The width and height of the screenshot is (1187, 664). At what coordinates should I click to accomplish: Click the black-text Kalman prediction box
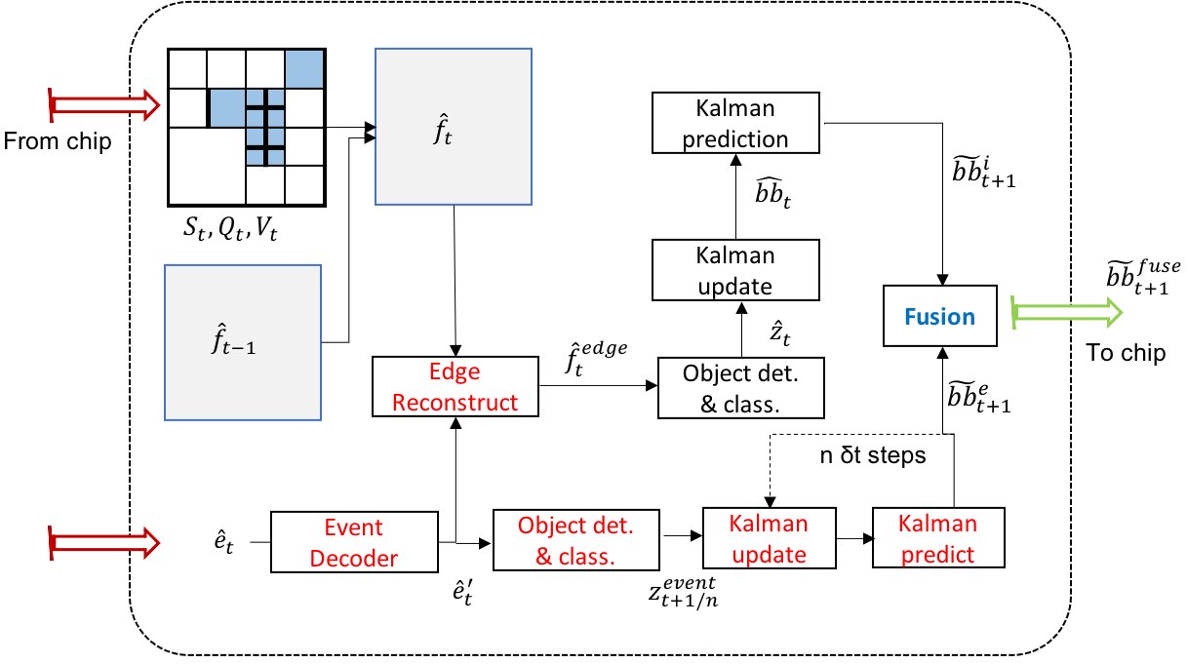(734, 123)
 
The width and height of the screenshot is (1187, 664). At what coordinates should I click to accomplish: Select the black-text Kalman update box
(734, 270)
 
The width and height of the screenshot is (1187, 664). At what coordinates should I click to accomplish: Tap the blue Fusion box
(939, 316)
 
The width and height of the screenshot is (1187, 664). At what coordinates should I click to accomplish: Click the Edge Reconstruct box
(455, 386)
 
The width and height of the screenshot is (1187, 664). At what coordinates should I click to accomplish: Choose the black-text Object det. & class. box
(740, 388)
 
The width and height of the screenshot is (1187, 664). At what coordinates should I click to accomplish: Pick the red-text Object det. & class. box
(575, 541)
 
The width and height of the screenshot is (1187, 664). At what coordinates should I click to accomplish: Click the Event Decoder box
(353, 542)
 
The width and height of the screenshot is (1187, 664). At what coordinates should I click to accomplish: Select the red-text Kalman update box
(769, 538)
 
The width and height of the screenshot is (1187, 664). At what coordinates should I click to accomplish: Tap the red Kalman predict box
(937, 537)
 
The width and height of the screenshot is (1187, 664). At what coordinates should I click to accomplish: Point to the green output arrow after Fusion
(1068, 312)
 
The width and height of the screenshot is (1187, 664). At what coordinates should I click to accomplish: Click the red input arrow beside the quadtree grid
(104, 104)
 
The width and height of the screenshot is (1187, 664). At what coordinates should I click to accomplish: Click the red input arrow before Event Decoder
(104, 542)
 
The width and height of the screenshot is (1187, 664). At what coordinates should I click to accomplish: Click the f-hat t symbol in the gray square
(443, 131)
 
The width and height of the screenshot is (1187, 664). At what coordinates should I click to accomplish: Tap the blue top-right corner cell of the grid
(303, 69)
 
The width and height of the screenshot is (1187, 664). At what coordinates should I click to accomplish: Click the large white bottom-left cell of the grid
(207, 166)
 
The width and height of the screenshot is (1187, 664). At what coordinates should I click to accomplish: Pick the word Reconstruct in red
(455, 402)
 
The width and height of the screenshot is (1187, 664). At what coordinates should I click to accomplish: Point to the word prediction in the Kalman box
(734, 138)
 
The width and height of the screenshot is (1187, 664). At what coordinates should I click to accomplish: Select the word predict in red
(937, 554)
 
